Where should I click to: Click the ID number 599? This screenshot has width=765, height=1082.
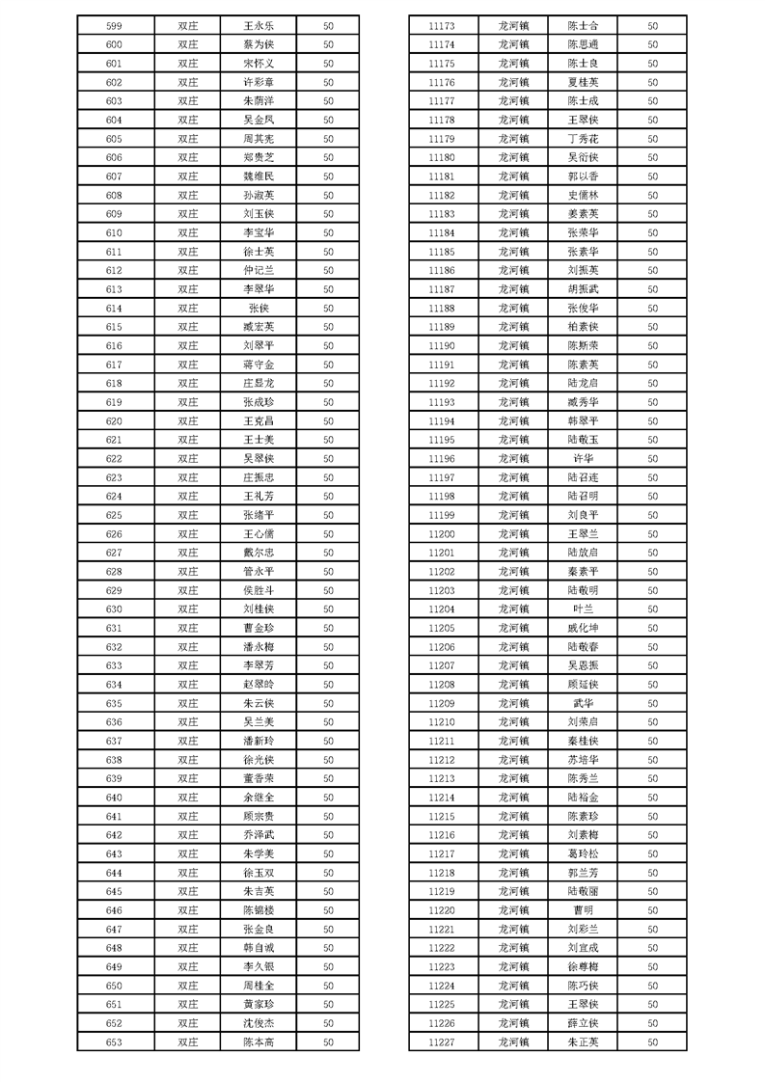click(114, 26)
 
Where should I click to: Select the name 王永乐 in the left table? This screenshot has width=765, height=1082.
click(259, 26)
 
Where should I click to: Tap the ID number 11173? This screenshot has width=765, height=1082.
click(441, 26)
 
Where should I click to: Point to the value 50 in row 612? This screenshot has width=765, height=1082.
click(328, 270)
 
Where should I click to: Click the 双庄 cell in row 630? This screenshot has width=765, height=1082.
click(187, 609)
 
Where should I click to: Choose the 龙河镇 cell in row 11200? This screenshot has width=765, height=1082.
click(513, 533)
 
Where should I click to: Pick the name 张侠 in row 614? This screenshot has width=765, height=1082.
click(259, 308)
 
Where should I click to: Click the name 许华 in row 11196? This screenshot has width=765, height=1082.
click(583, 458)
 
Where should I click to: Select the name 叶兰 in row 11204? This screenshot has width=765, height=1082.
click(583, 609)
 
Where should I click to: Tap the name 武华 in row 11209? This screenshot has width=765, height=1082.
click(583, 703)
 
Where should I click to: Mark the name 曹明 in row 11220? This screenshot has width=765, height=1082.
click(583, 909)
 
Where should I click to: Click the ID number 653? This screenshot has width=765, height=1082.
click(114, 1041)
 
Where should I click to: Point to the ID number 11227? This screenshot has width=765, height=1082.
click(441, 1041)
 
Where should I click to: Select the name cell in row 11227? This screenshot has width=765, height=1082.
click(583, 1041)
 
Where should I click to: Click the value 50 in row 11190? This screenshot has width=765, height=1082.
click(653, 345)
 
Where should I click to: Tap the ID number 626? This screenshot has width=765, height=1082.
click(114, 533)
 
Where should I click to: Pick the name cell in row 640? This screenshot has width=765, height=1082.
click(259, 797)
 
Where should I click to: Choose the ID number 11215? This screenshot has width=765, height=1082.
click(441, 816)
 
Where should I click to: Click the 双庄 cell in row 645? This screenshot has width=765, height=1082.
click(187, 891)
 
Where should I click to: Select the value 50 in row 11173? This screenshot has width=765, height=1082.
click(653, 26)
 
